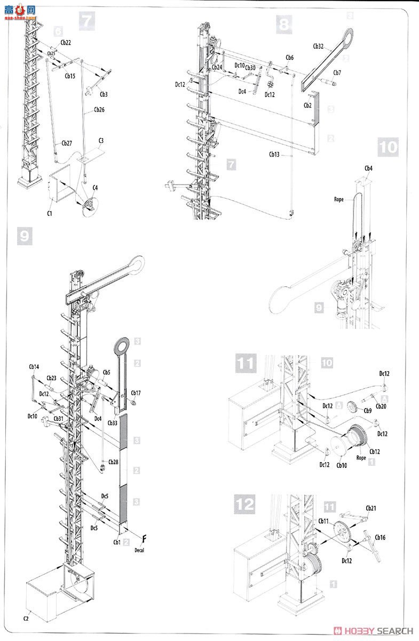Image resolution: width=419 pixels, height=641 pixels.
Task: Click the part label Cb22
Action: click(x=66, y=42)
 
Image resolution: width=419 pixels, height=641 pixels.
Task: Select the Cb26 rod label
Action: click(x=99, y=110)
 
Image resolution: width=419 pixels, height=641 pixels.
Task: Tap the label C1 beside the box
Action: click(x=49, y=214)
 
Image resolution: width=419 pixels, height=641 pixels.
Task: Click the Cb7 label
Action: click(x=337, y=73)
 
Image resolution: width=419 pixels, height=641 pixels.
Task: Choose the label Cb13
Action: click(x=274, y=154)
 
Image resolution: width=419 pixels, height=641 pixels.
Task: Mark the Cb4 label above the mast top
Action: click(x=368, y=169)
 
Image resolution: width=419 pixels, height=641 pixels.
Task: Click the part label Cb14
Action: click(x=34, y=367)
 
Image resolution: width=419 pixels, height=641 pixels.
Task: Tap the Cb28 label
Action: click(x=114, y=462)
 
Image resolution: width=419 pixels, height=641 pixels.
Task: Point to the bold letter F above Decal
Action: click(x=144, y=538)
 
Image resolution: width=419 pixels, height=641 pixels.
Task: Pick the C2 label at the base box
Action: click(x=26, y=618)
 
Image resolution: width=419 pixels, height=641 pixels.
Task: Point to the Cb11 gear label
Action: click(x=324, y=520)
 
